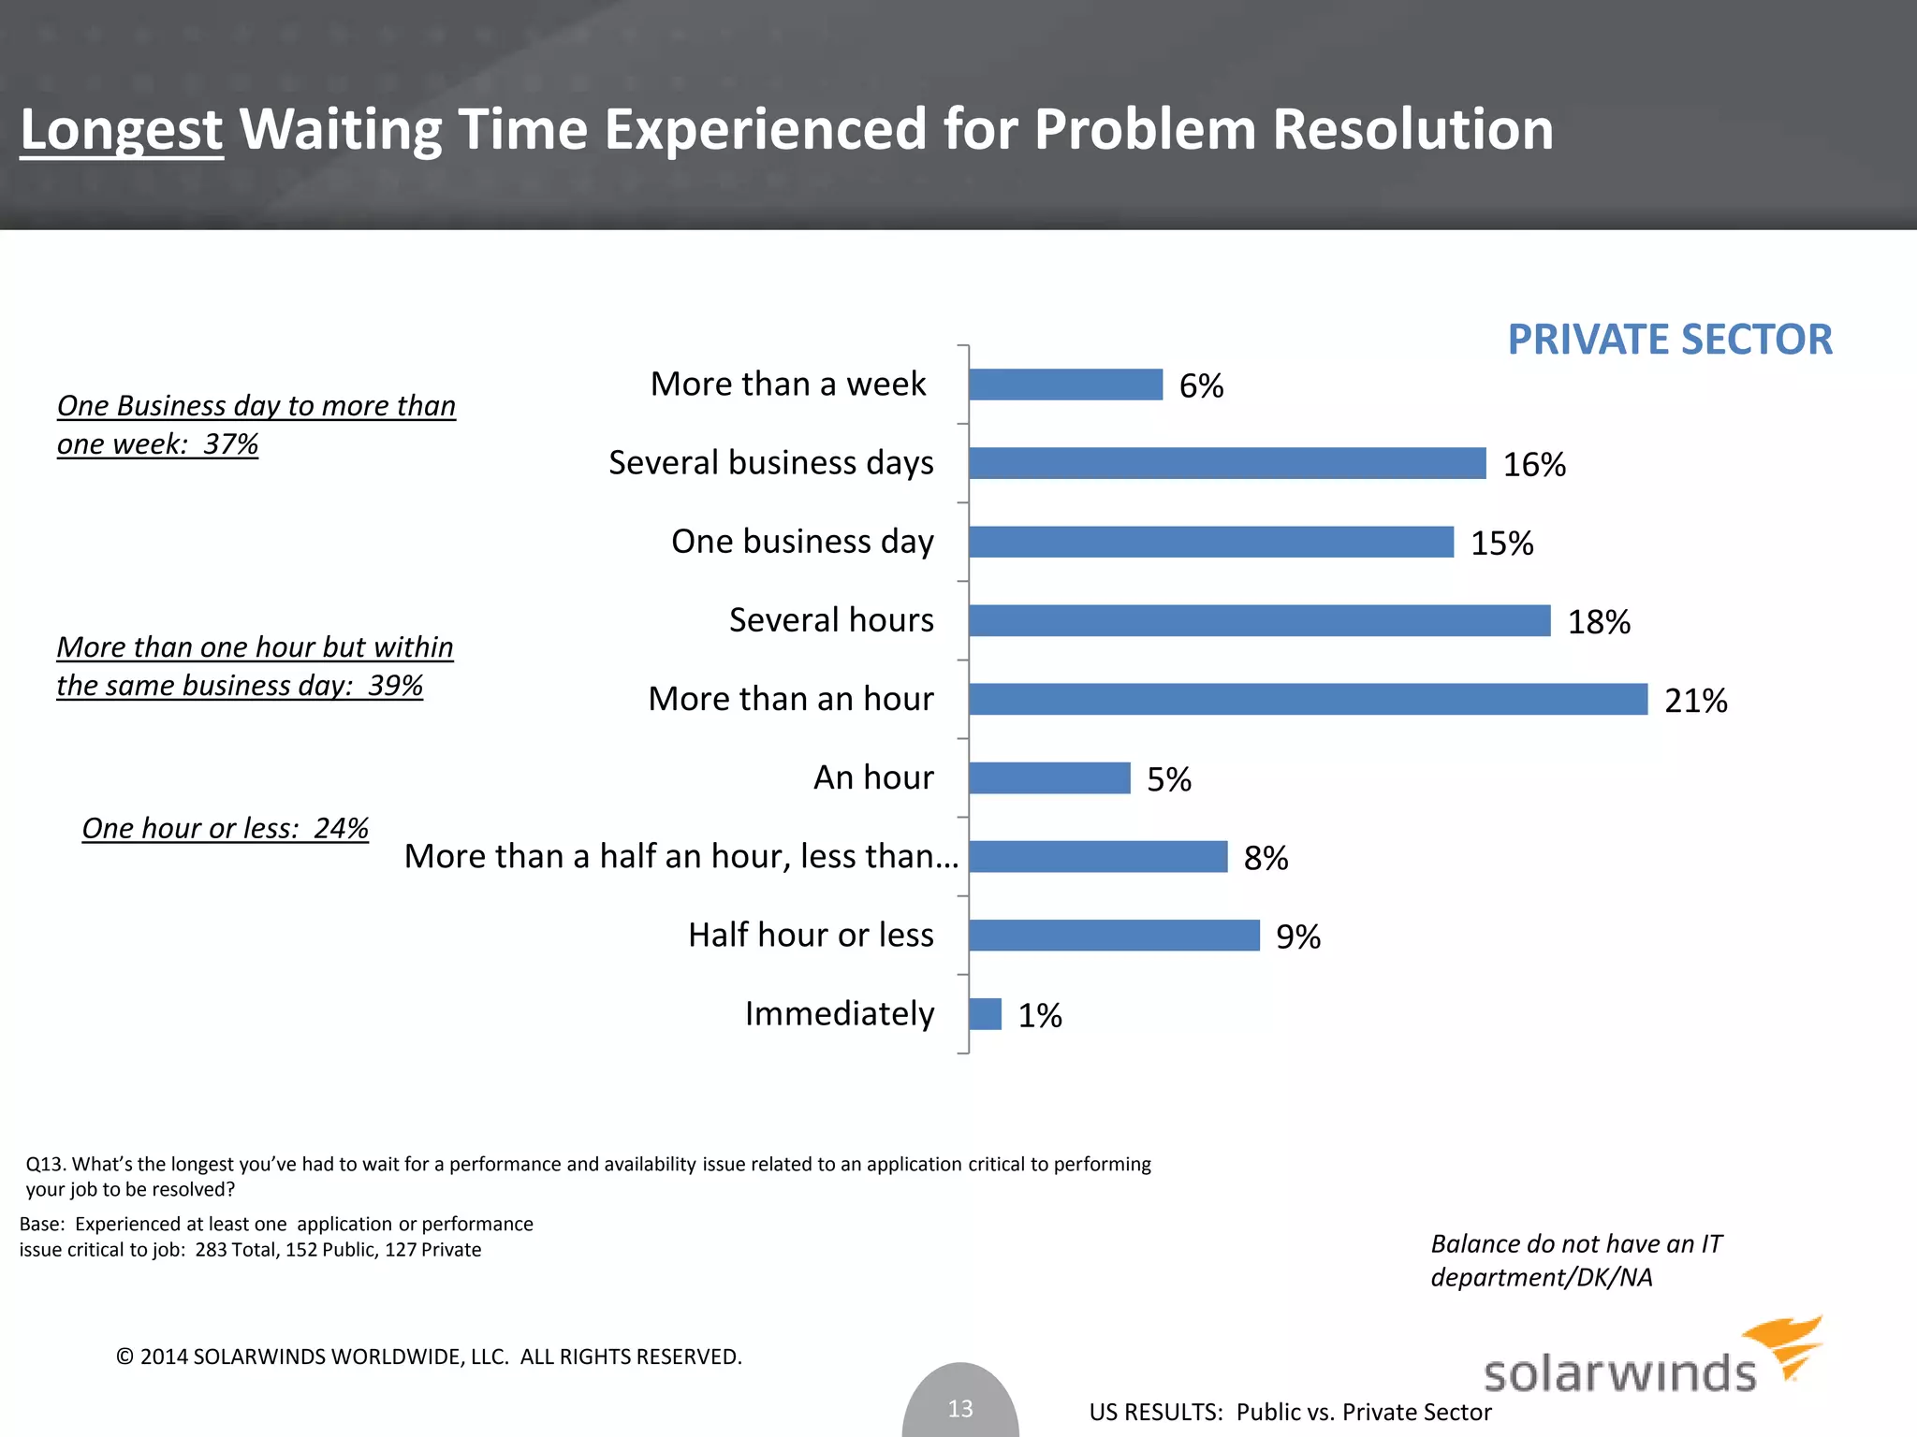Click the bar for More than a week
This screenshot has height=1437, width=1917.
[x=1065, y=385]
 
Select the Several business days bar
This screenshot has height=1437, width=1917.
[x=1227, y=463]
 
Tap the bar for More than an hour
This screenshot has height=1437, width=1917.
[x=1308, y=699]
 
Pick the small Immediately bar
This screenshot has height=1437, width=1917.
[x=985, y=1014]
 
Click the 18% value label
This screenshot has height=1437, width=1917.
[x=1599, y=622]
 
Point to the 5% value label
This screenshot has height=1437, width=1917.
[x=1169, y=779]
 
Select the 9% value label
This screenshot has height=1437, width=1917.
[x=1298, y=936]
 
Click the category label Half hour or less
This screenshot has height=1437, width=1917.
[x=811, y=935]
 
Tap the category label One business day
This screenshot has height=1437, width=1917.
[x=802, y=542]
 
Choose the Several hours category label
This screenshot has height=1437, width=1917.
[x=831, y=620]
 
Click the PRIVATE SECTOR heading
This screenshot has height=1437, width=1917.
[x=1669, y=339]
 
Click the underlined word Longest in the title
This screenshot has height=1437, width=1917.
[x=122, y=129]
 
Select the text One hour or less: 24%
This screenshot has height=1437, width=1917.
[x=225, y=828]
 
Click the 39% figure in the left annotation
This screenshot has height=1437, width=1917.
[x=395, y=685]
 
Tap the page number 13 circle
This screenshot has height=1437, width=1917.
[x=960, y=1407]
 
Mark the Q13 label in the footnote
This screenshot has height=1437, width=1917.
[x=44, y=1165]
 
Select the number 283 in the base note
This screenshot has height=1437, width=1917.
[x=211, y=1250]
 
